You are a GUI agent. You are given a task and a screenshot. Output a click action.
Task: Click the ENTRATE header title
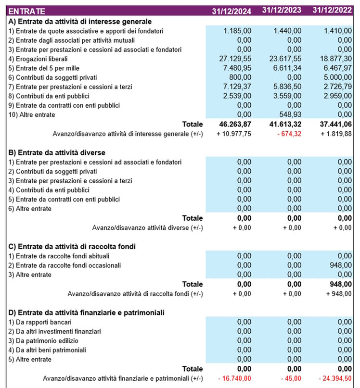[x=27, y=11]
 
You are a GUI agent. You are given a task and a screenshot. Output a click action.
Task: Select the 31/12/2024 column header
[x=231, y=11]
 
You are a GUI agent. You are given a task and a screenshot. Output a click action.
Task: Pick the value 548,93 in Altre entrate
[x=290, y=114]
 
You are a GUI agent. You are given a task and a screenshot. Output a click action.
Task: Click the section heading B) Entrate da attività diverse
[x=57, y=152]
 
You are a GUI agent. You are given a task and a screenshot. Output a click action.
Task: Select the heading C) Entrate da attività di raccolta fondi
[x=72, y=246]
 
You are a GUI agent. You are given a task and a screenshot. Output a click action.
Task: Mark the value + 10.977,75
[x=233, y=133]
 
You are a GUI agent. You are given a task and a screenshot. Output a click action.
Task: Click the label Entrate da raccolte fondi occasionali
[x=64, y=265]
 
